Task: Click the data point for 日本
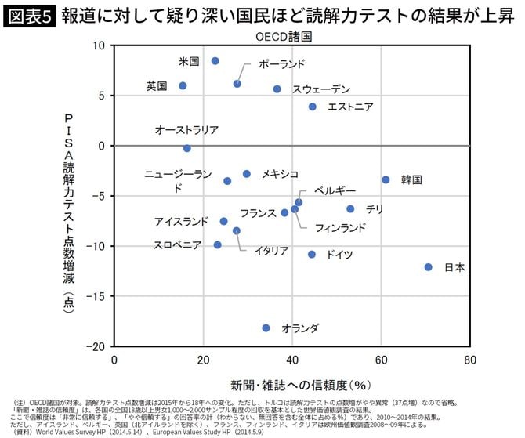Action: (x=429, y=267)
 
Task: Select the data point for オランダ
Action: (x=266, y=328)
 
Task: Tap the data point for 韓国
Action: (x=386, y=179)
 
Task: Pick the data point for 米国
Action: (x=215, y=61)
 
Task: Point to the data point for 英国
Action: (x=183, y=86)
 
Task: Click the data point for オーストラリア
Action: (x=186, y=148)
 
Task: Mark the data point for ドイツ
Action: (x=312, y=255)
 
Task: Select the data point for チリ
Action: (x=350, y=209)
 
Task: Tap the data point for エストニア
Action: (x=313, y=107)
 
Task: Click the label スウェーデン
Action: (x=321, y=89)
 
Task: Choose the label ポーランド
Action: (x=281, y=64)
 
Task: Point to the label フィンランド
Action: (x=339, y=228)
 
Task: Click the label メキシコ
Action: (x=280, y=174)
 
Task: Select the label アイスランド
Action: (x=181, y=222)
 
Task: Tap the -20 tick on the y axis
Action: (x=98, y=346)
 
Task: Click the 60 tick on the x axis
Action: (x=382, y=360)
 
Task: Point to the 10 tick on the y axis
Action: (x=100, y=45)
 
